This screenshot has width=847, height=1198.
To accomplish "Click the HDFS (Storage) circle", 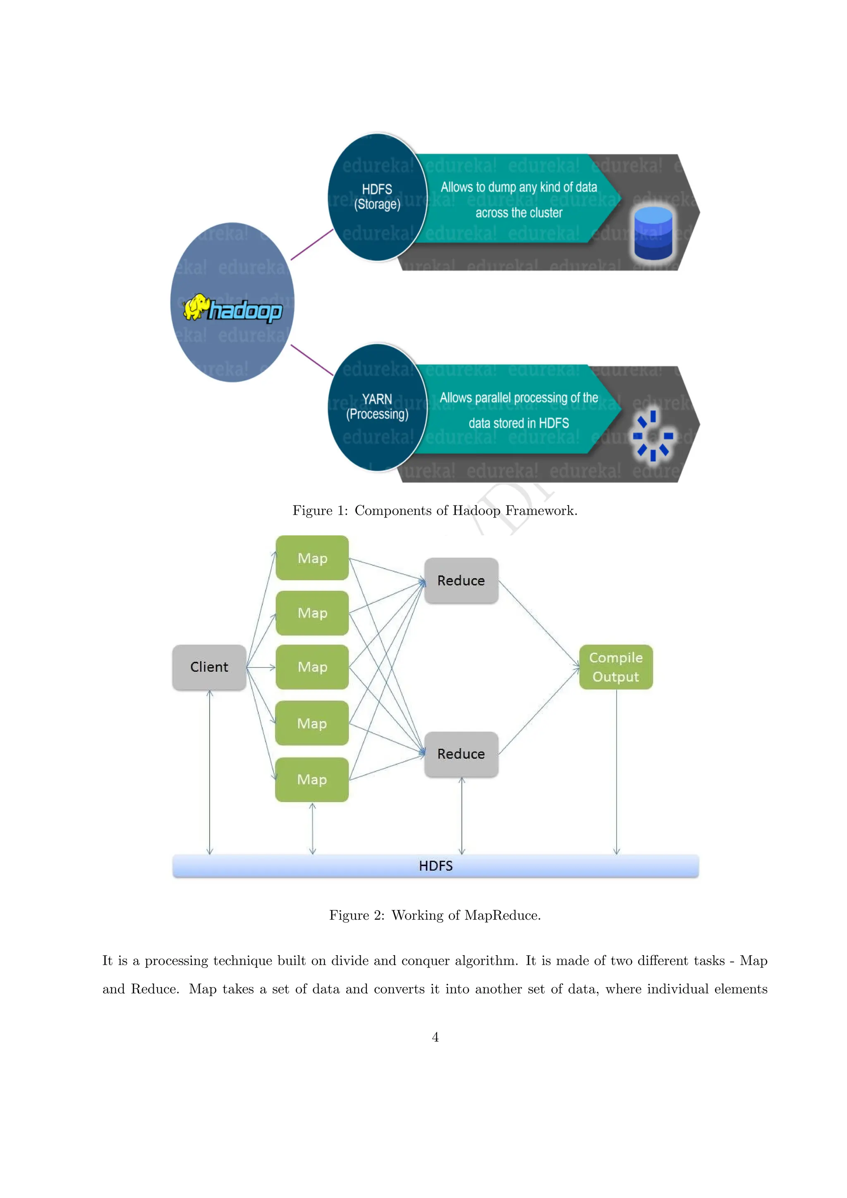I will pos(377,197).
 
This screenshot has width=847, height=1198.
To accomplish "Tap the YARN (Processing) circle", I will pos(377,407).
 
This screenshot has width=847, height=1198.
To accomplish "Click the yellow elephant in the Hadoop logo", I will pos(196,307).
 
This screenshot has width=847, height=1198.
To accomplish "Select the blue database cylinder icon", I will pos(653,233).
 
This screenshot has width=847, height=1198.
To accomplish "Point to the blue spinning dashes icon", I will pos(653,436).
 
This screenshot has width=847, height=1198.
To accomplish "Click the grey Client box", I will pos(209,667).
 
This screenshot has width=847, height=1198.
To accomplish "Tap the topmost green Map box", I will pos(312,558).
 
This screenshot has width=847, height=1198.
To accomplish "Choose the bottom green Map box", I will pos(312,779).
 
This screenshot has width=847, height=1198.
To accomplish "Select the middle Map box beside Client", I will pos(312,667).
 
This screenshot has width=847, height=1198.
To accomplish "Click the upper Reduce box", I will pos(461,580).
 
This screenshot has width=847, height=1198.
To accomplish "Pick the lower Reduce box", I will pos(461,754).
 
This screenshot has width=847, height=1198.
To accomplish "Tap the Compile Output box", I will pos(615,667).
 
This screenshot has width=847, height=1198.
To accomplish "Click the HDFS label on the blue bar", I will pos(435,866).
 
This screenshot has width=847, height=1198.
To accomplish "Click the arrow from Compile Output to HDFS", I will pos(617,772).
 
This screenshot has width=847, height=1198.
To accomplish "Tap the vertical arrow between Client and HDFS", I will pos(210,772).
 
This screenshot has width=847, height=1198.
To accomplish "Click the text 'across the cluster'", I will pos(519,213).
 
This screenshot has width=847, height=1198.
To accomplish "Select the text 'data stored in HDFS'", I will pos(519,423).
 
